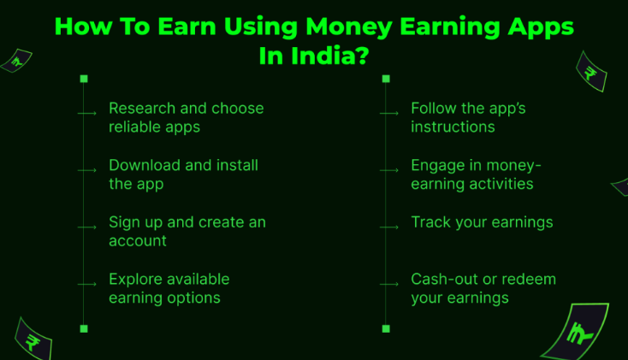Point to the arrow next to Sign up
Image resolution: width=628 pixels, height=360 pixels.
(86, 227)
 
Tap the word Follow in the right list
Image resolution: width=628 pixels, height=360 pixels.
(434, 109)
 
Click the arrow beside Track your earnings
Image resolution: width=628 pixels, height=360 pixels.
(388, 227)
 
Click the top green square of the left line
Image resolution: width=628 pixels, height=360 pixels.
(84, 79)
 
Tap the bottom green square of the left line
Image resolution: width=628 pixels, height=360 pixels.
(84, 328)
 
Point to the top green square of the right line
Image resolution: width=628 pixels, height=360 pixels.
(386, 79)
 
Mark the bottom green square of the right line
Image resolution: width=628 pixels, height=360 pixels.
(386, 328)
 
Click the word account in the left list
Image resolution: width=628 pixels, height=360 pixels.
(137, 241)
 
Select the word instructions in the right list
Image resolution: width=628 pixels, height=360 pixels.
(453, 127)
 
